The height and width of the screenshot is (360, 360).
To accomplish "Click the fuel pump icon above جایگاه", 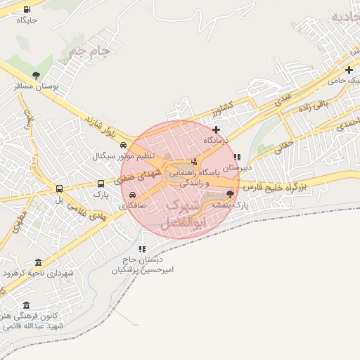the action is pos(27,10).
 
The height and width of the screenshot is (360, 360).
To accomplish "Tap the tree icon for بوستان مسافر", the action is pos(36,75).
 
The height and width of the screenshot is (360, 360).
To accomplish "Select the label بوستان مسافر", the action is pos(37,86).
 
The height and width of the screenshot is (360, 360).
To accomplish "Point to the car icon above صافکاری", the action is pos(133,196).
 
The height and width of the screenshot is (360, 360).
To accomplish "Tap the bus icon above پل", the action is pos(59,188).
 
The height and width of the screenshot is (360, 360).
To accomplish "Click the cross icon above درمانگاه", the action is pos(216,129).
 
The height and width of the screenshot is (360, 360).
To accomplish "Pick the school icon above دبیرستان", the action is pos(237,157).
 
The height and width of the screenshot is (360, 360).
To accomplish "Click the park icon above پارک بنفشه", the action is pos(231,193).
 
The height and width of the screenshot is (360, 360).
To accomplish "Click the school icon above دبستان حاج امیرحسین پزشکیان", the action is pos(142,249).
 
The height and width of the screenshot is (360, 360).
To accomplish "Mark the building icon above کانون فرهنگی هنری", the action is pos(27,305).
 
